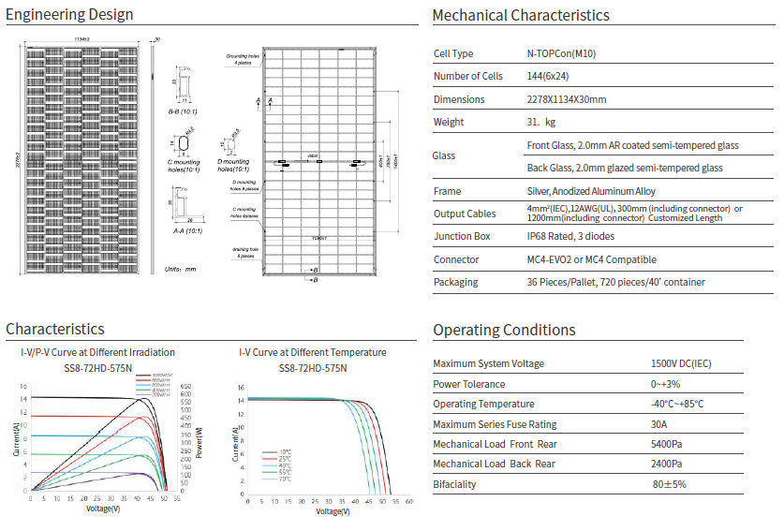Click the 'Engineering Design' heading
pyautogui.click(x=69, y=15)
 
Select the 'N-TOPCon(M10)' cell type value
pyautogui.click(x=561, y=54)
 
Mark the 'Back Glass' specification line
pyautogui.click(x=625, y=169)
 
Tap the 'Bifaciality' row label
pyautogui.click(x=456, y=484)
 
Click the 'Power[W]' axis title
pyautogui.click(x=200, y=439)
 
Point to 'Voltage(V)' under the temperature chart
pyautogui.click(x=335, y=511)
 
